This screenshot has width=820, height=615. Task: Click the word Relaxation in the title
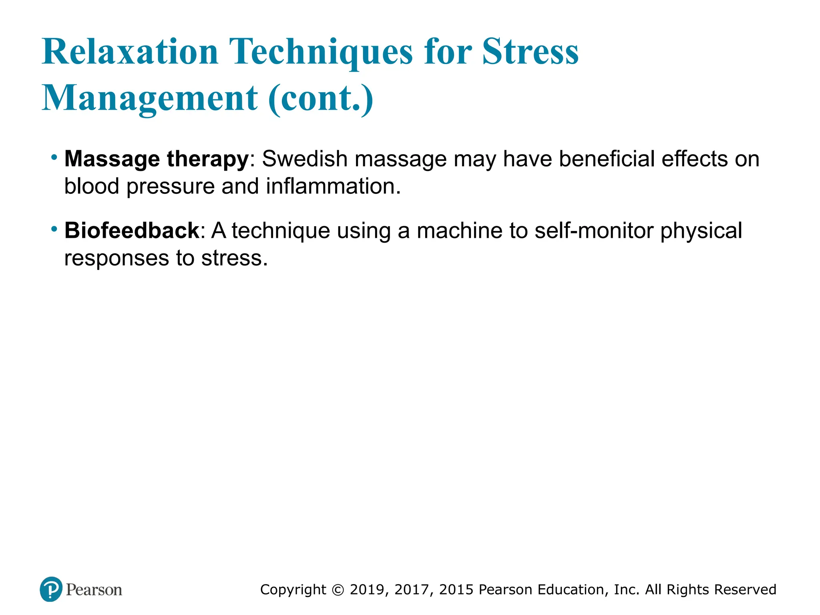click(130, 52)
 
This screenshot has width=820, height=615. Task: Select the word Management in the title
click(150, 98)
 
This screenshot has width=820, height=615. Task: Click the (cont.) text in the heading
click(321, 98)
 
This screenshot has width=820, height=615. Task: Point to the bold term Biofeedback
click(132, 231)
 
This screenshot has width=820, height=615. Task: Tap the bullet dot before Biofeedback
click(54, 229)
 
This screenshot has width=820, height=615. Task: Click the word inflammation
click(333, 187)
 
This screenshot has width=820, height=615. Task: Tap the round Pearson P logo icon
click(51, 589)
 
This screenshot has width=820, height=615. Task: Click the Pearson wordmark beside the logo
click(94, 590)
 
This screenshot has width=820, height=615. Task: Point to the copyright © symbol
click(338, 590)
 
